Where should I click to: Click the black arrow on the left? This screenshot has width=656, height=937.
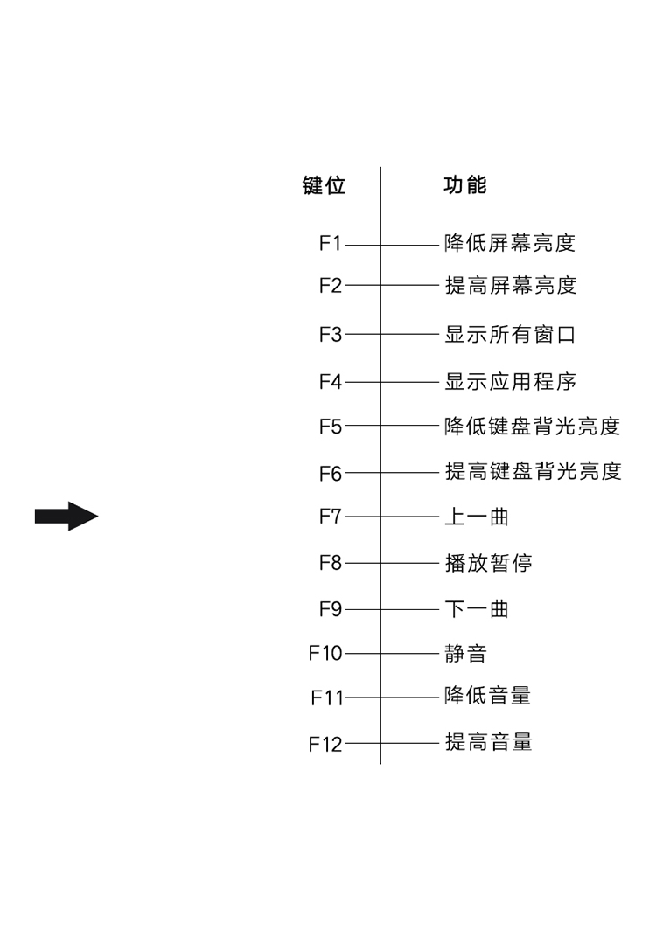click(66, 517)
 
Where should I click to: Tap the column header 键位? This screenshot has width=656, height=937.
click(325, 185)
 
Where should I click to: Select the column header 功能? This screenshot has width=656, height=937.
click(465, 185)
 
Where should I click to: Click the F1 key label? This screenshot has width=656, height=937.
click(330, 243)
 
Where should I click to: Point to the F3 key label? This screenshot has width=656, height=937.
click(330, 334)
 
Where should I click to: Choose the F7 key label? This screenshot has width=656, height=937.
click(330, 516)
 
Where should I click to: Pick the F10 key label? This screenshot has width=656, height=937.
click(325, 653)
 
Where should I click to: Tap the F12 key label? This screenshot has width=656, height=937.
click(325, 744)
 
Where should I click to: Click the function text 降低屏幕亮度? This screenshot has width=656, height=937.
click(510, 243)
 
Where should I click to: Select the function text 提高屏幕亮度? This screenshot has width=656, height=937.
click(511, 285)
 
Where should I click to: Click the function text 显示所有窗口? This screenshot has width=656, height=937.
click(510, 334)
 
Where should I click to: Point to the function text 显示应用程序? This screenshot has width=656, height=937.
click(510, 381)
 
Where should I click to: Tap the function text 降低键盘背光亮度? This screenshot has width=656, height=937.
click(532, 426)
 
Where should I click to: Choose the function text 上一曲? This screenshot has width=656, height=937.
click(477, 517)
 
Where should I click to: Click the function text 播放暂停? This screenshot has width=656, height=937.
click(489, 563)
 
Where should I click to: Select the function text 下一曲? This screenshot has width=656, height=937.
click(477, 609)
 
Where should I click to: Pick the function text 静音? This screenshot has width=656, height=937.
click(466, 653)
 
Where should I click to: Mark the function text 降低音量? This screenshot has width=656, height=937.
click(487, 695)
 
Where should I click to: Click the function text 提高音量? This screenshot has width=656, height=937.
click(489, 741)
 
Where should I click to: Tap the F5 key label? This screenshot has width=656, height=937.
click(330, 426)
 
